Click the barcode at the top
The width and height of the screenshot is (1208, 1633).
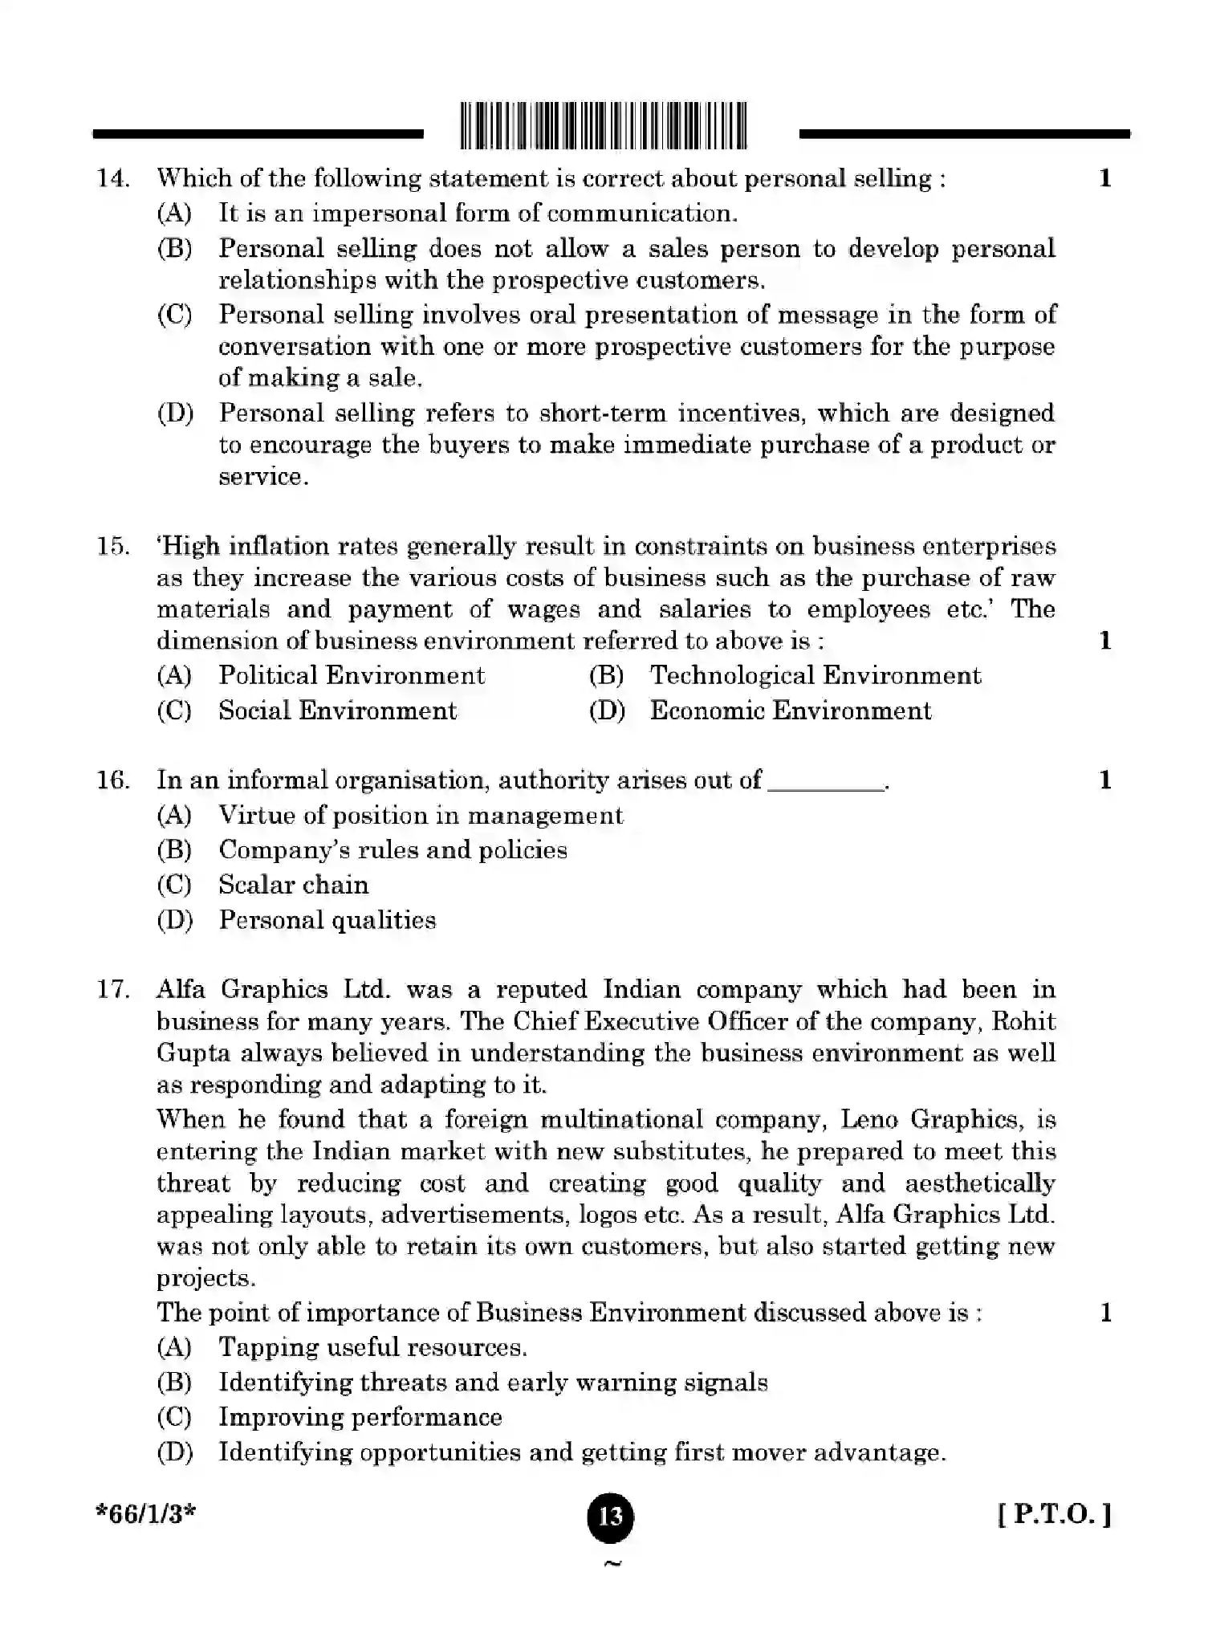(x=604, y=126)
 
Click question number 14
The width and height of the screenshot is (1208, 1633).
(x=113, y=178)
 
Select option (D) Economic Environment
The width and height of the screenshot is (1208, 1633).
(x=790, y=711)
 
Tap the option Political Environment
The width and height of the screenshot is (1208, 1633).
(x=351, y=675)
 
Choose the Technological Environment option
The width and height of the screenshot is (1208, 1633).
(x=815, y=675)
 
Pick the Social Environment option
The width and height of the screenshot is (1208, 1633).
(x=337, y=711)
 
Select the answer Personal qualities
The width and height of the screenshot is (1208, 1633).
(x=327, y=920)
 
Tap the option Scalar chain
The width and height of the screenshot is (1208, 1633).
(x=293, y=885)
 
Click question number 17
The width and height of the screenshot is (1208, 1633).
(x=113, y=989)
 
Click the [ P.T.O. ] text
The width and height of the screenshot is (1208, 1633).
(x=1055, y=1515)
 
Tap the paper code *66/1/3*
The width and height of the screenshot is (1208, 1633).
(x=145, y=1514)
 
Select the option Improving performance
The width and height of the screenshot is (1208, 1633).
(x=360, y=1417)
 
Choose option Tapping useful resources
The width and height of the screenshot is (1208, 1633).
(x=372, y=1347)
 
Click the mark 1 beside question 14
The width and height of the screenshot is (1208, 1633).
(x=1105, y=178)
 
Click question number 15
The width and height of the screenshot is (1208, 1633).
(x=113, y=547)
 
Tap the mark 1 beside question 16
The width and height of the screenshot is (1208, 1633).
(x=1105, y=780)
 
